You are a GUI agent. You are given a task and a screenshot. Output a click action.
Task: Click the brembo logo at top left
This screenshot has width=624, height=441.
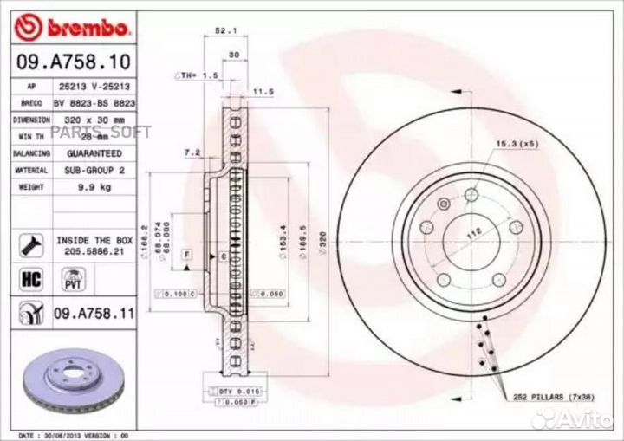tap(73, 28)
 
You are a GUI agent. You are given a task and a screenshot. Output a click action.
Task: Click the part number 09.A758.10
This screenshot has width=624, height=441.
tap(74, 62)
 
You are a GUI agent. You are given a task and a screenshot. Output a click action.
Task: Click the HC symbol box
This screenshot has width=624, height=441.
tap(29, 279)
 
